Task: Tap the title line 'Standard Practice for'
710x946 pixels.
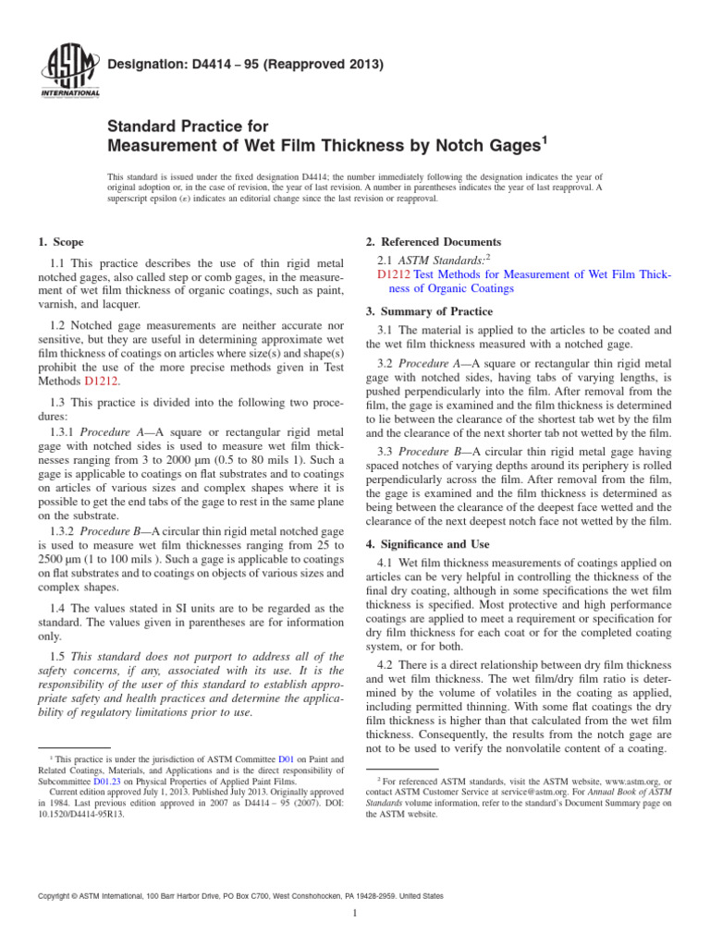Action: click(x=188, y=126)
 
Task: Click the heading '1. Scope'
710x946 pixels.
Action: click(x=59, y=242)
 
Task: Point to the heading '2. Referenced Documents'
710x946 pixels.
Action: click(x=434, y=242)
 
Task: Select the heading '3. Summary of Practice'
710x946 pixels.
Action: click(x=429, y=311)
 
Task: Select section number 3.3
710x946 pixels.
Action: click(x=388, y=450)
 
